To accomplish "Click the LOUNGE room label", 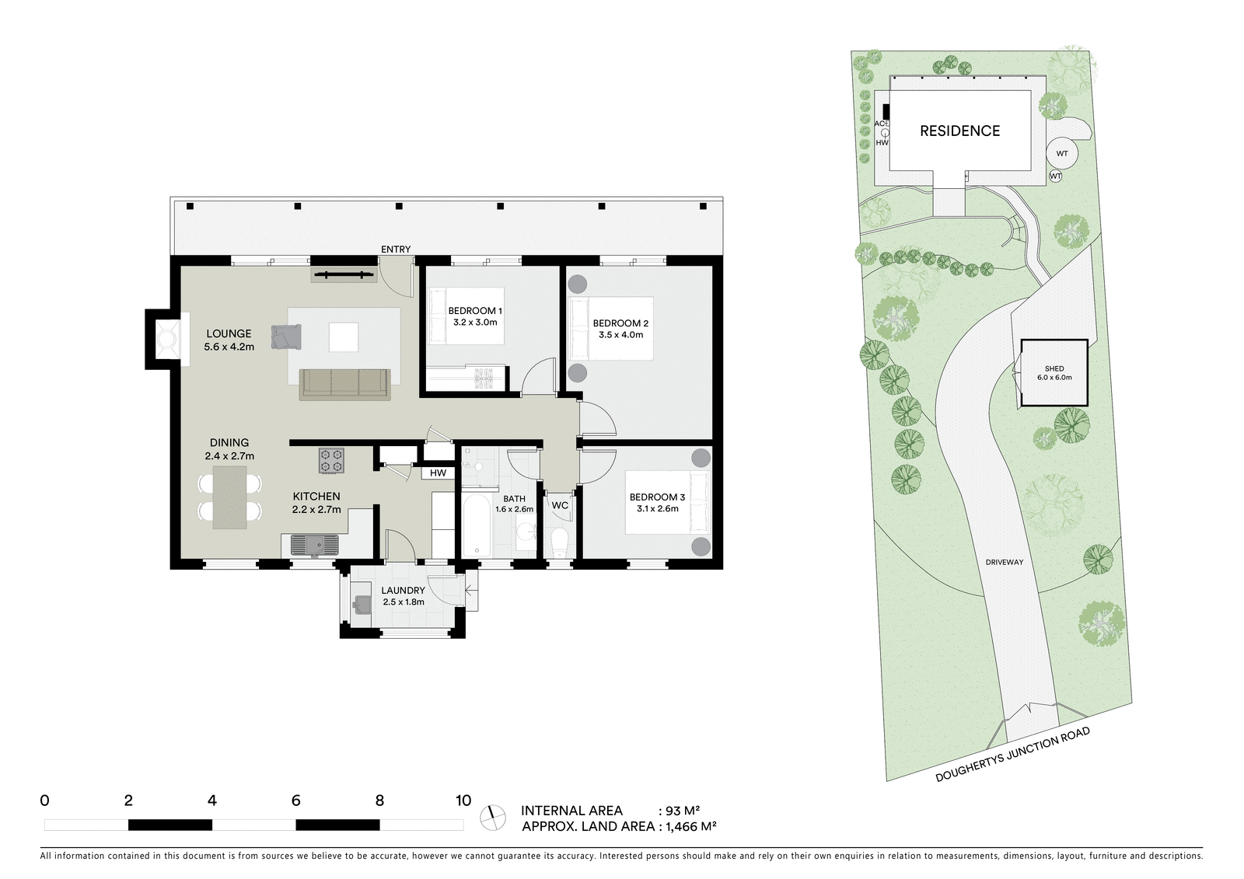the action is [229, 333].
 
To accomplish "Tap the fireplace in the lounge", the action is [166, 339].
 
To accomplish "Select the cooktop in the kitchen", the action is [331, 460].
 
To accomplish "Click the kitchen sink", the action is [314, 545].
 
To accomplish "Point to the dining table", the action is [230, 497].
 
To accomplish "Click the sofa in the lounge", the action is [345, 384].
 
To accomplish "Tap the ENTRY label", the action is [396, 249].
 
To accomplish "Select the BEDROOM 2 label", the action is [621, 323].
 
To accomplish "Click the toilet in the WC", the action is [559, 542].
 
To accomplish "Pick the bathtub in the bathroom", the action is [477, 525].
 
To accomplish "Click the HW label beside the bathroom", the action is [439, 473].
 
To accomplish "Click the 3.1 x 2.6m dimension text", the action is [658, 508].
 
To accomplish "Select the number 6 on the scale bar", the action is [296, 801].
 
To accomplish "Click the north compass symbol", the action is [493, 818].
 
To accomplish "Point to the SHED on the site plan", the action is [1054, 373].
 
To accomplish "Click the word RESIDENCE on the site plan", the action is [959, 131].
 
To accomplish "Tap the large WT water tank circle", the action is [1062, 153].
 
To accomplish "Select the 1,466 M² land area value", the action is [691, 826].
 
